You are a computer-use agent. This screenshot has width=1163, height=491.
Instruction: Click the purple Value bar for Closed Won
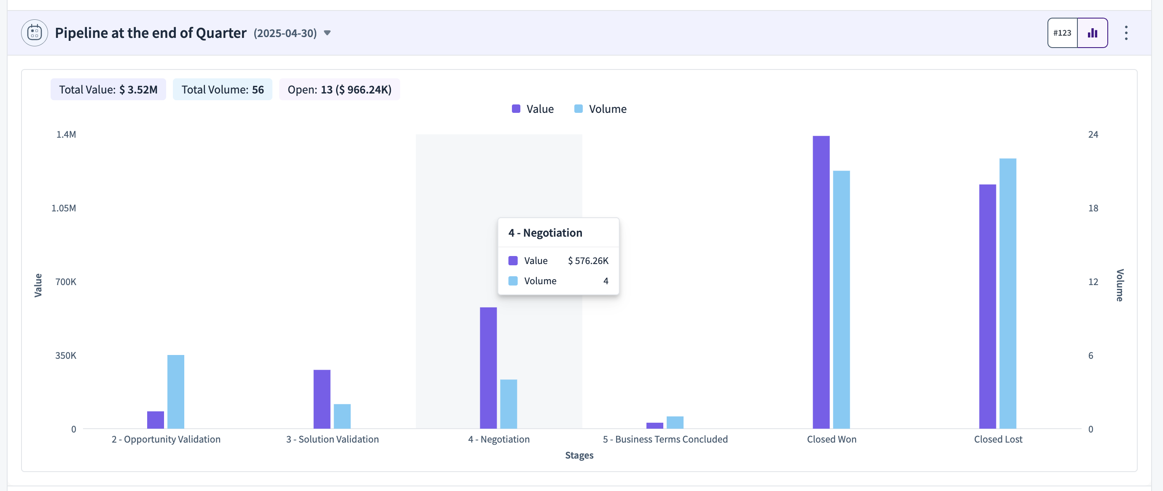tap(821, 282)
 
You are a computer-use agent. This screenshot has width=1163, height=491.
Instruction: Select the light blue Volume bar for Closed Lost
tap(1008, 294)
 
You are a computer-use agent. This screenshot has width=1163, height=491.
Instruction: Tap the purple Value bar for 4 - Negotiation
tap(488, 368)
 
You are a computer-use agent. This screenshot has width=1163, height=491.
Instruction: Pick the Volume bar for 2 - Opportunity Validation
tap(175, 392)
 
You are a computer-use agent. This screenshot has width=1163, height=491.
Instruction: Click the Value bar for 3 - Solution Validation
tap(322, 399)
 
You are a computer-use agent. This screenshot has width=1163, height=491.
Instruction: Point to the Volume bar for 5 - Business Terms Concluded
tap(675, 422)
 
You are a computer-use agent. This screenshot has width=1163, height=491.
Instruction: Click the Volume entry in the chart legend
tap(600, 109)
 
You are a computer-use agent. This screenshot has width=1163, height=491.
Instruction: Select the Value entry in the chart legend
tap(533, 109)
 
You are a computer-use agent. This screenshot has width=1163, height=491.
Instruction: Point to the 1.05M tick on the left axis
tap(64, 208)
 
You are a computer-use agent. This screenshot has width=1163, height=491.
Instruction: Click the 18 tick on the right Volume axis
tap(1093, 208)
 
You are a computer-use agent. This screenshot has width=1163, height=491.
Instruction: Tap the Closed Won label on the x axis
tap(832, 439)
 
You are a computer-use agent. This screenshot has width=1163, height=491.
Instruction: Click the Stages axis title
tap(579, 455)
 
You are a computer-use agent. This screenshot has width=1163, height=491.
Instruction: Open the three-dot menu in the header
tap(1126, 33)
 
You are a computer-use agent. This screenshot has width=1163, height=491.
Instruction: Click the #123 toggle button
tap(1062, 33)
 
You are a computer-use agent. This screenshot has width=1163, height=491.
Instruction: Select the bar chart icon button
tap(1093, 33)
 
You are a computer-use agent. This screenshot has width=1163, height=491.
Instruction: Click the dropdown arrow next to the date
tap(327, 33)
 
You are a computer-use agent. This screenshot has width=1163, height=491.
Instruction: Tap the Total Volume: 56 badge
tap(223, 89)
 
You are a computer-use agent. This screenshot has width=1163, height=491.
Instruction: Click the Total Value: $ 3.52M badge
tap(108, 89)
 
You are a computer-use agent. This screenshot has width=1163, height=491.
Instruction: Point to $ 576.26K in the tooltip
tap(588, 261)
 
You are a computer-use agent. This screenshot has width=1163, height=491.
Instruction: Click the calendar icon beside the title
tap(34, 33)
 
